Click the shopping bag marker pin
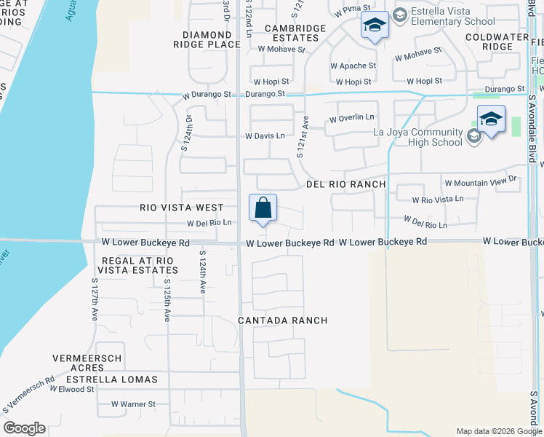pyautogui.click(x=263, y=208)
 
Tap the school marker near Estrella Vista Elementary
pyautogui.click(x=375, y=27)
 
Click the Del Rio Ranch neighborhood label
pyautogui.click(x=345, y=184)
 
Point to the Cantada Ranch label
pyautogui.click(x=283, y=320)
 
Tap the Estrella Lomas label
pyautogui.click(x=111, y=379)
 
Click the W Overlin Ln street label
pyautogui.click(x=351, y=118)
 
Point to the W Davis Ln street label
pyautogui.click(x=265, y=136)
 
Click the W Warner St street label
pyautogui.click(x=133, y=403)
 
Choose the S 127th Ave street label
pyautogui.click(x=95, y=299)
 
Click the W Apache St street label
pyautogui.click(x=352, y=66)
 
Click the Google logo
pyautogui.click(x=24, y=428)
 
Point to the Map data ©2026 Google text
pyautogui.click(x=498, y=431)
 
